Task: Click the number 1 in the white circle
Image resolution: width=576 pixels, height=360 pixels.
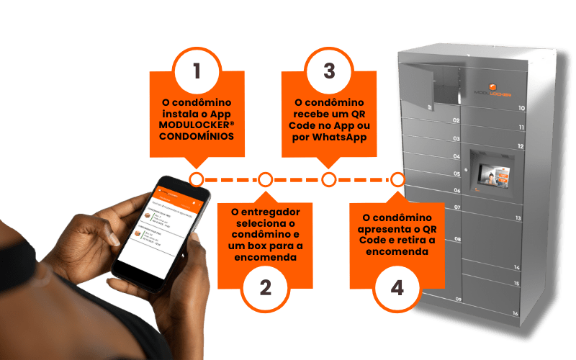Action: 196,71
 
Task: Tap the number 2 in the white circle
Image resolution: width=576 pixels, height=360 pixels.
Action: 265,287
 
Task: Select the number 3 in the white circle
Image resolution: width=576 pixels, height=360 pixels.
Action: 329,71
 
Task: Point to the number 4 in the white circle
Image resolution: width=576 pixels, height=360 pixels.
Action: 397,287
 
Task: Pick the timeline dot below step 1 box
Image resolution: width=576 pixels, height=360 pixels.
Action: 196,179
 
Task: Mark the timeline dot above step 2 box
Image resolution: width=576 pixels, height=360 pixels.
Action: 265,179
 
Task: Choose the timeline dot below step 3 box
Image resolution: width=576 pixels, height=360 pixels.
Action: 329,179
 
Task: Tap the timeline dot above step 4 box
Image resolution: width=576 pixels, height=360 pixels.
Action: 397,179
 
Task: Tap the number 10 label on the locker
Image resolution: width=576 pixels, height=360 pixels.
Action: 521,108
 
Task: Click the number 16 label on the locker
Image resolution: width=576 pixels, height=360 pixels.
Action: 516,313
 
